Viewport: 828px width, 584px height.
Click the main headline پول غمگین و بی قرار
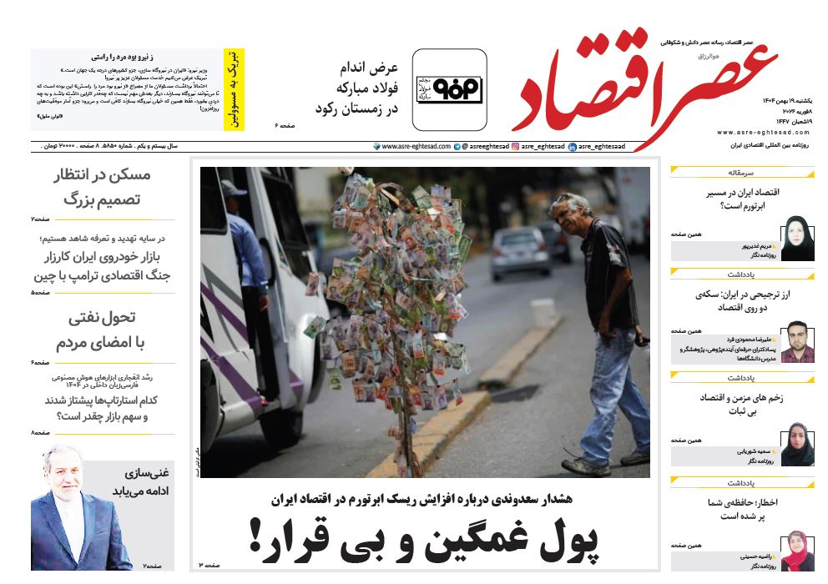coord(425,538)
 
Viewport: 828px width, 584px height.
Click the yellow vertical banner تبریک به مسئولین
coord(235,89)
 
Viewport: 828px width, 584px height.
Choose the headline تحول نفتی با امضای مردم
coord(101,330)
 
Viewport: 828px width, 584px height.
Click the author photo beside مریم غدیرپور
coord(796,239)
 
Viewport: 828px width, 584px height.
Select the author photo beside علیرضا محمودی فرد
coord(797,342)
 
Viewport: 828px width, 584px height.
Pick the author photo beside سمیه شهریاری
coord(797,444)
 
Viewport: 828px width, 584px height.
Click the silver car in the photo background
coord(520,252)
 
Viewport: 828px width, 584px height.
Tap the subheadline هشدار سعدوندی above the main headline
coord(425,500)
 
